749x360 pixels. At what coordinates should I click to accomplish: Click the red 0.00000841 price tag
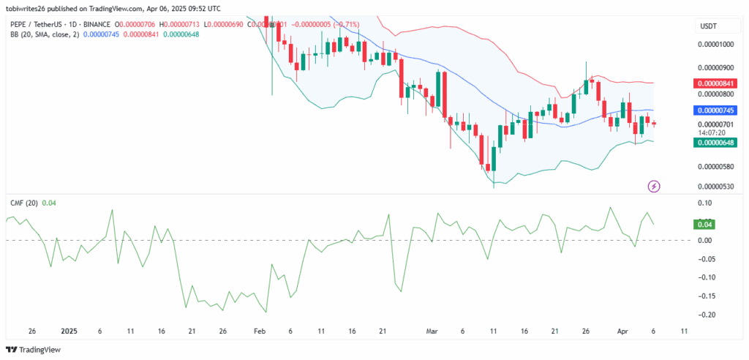tap(715, 83)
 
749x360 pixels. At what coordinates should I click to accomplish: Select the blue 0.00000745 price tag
tap(715, 110)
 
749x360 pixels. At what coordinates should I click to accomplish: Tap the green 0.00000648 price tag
tap(715, 143)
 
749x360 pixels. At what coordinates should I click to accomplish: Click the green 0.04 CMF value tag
tap(707, 225)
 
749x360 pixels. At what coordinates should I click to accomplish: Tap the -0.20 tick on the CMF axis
tap(706, 315)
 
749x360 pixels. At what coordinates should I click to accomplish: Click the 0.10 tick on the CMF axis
tap(706, 203)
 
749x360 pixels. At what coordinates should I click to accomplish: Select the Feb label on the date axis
tap(260, 331)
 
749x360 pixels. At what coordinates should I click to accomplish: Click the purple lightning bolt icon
tap(654, 187)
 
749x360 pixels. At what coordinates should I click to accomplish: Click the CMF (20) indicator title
tap(21, 203)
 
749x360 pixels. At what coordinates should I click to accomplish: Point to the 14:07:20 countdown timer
tap(712, 132)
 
